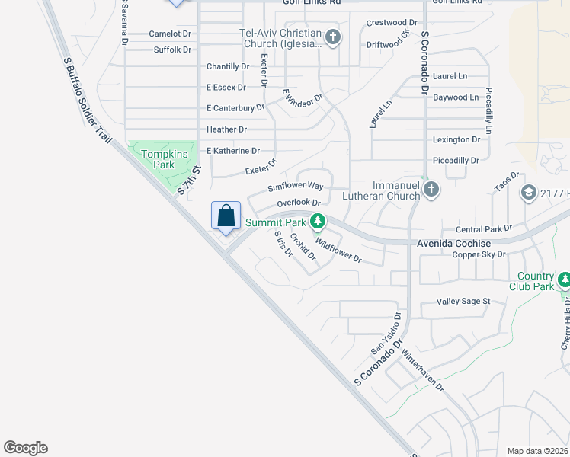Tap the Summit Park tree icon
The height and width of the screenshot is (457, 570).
[x=318, y=222]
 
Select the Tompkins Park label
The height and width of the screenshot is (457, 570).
[x=164, y=159]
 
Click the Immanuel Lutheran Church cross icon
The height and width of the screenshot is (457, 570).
[x=431, y=189]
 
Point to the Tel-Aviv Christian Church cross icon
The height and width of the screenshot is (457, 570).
[x=332, y=37]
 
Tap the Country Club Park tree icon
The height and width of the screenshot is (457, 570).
[x=565, y=280]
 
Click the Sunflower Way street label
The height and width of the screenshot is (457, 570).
[x=296, y=186]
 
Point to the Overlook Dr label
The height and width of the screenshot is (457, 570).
[x=298, y=203]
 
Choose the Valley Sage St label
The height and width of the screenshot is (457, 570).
[x=463, y=302]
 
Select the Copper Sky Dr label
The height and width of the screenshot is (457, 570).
[x=479, y=254]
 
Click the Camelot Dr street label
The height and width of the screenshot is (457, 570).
[x=170, y=34]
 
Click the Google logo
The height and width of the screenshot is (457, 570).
[x=25, y=448]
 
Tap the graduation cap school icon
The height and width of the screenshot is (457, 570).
[x=527, y=193]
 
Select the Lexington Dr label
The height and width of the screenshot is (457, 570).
[x=456, y=140]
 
